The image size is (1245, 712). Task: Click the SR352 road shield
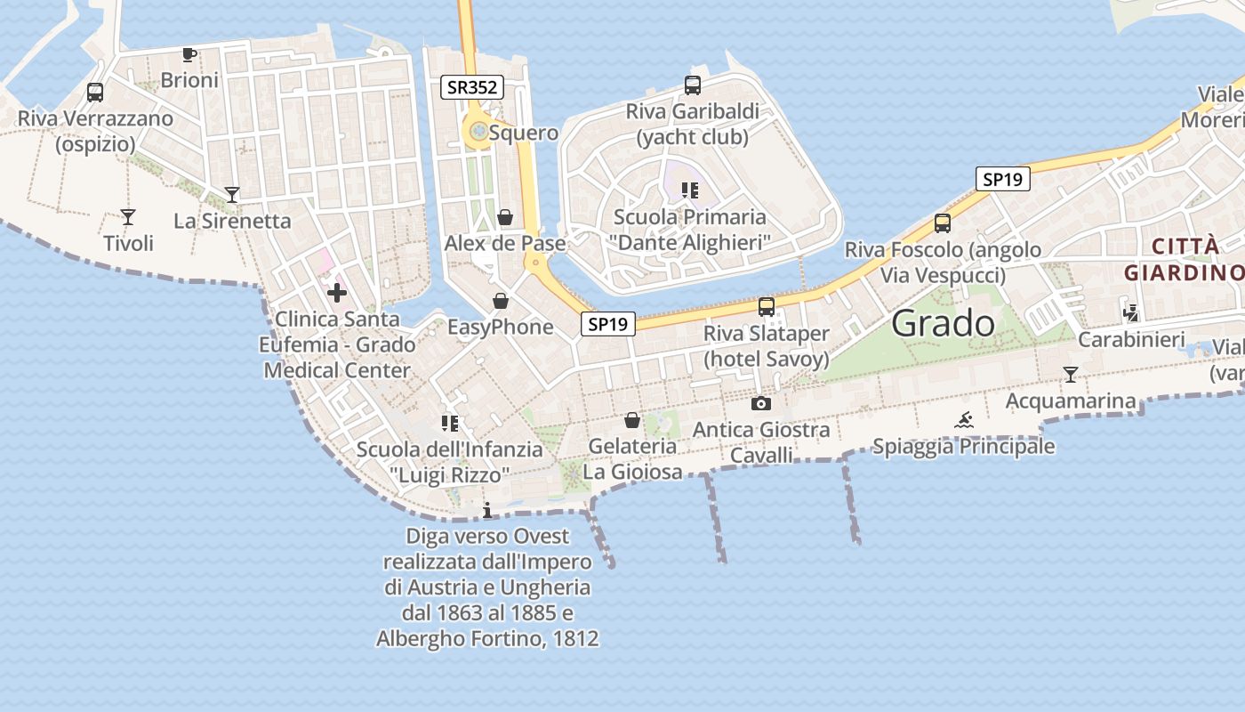pos(472,87)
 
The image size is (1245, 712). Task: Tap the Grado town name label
pos(943,323)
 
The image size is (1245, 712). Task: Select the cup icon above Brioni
pos(189,55)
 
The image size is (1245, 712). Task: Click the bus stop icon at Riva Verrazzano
pos(95,93)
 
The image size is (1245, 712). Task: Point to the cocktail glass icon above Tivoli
pos(128,216)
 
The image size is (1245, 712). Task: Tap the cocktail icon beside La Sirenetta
pos(232,194)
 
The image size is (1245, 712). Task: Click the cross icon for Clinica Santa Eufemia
pos(337,292)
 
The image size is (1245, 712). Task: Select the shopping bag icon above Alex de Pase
pos(505,217)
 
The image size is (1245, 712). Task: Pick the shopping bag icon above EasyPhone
pos(501,302)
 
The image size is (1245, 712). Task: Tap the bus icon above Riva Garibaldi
pos(693,85)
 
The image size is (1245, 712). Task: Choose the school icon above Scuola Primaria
pos(689,190)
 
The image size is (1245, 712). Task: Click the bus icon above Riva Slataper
pos(767,307)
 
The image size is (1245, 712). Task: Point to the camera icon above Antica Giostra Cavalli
pos(761,404)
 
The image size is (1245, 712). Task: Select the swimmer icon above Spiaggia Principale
pos(964,420)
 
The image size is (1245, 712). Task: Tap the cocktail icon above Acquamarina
pos(1071,375)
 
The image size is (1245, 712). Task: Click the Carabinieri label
pos(1131,339)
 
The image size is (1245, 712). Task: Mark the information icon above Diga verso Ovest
pos(486,510)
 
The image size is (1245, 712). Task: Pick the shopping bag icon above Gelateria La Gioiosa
pos(632,420)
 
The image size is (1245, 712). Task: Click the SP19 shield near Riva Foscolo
pos(1002,179)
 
